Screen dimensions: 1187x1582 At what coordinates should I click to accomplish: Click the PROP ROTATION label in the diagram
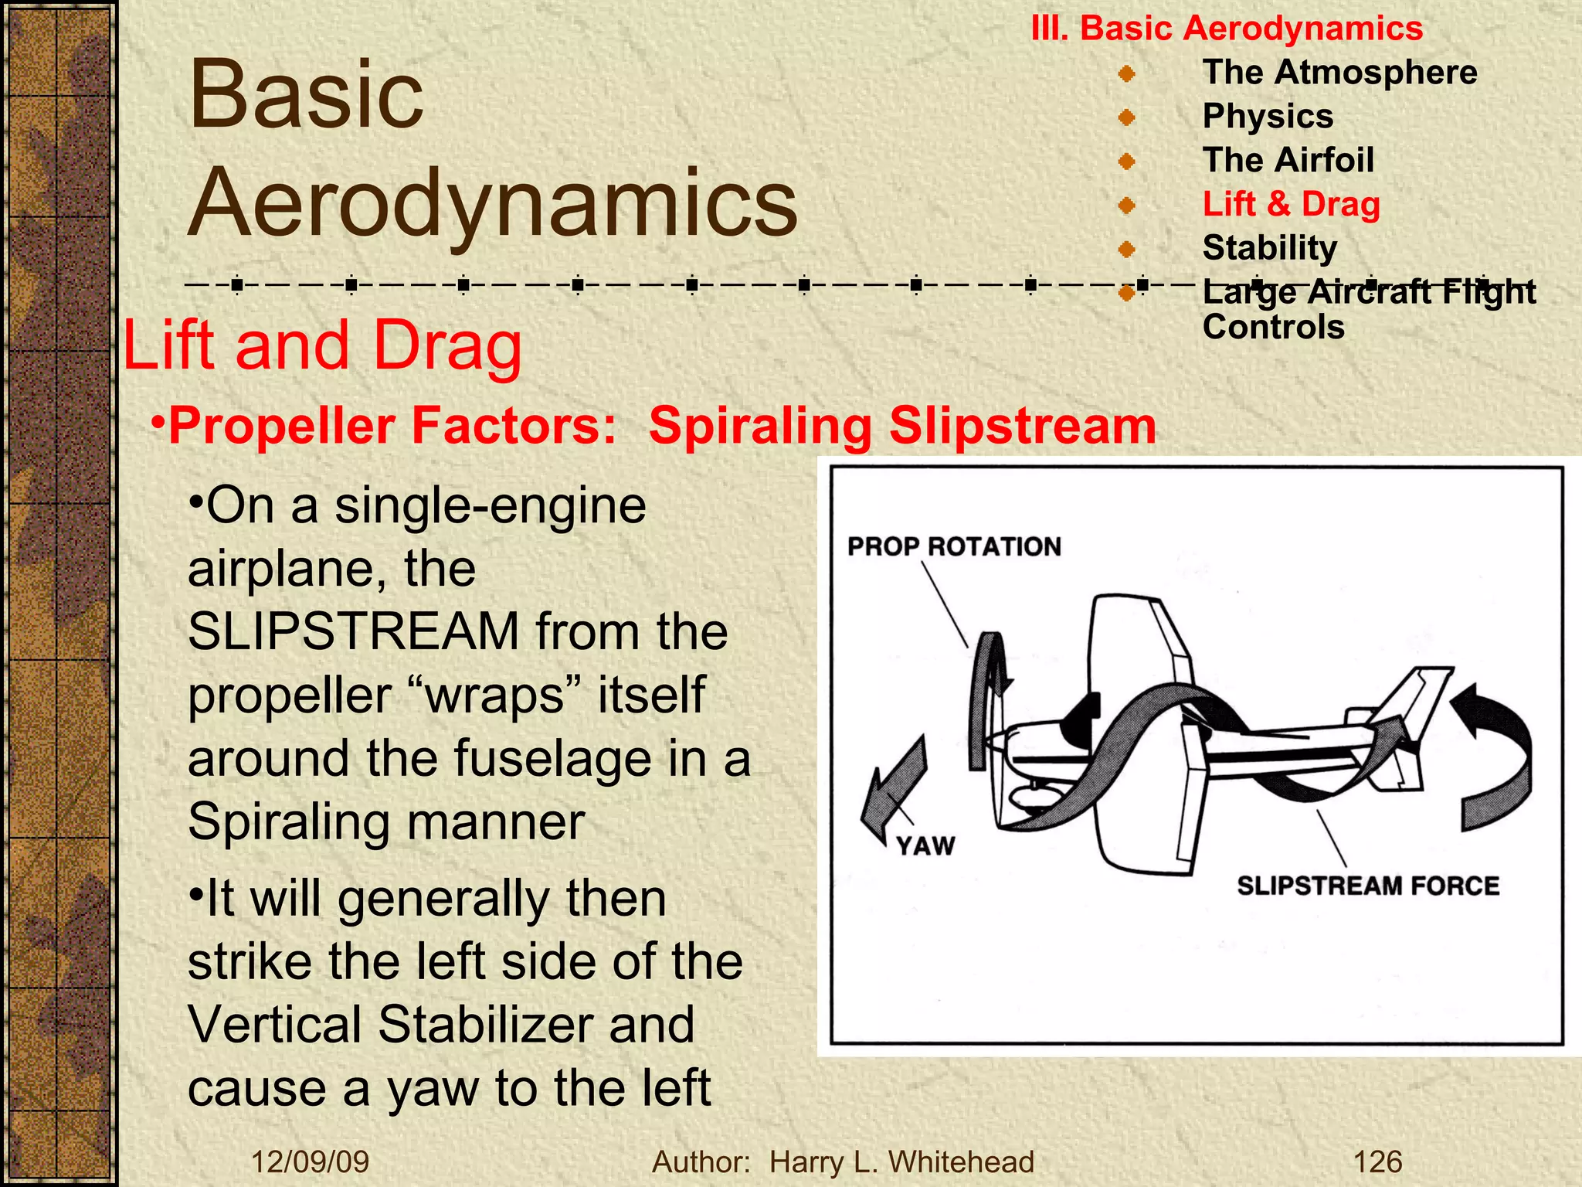(x=954, y=546)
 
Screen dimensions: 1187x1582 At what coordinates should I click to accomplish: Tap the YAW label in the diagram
(x=925, y=845)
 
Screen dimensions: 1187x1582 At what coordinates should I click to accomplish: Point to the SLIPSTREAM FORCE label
(x=1368, y=885)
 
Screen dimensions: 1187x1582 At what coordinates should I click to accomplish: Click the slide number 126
(x=1377, y=1161)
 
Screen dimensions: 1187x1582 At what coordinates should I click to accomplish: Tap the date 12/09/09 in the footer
(x=311, y=1161)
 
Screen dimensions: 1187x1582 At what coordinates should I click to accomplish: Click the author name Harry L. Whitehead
(x=901, y=1161)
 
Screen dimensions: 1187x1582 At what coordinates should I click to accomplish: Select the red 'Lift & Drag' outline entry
(x=1291, y=204)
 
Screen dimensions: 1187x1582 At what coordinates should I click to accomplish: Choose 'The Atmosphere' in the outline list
(x=1339, y=72)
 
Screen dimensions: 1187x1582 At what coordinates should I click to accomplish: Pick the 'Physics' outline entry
(x=1268, y=116)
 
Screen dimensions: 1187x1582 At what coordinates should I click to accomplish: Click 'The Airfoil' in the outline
(x=1288, y=160)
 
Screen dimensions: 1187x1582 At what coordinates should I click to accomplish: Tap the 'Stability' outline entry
(x=1269, y=247)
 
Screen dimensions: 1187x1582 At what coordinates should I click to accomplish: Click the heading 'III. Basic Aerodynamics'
(x=1227, y=29)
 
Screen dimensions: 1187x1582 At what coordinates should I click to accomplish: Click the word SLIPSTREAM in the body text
(x=354, y=631)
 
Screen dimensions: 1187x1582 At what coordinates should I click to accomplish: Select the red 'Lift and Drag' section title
(x=322, y=345)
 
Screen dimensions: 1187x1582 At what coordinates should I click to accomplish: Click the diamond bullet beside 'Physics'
(x=1127, y=117)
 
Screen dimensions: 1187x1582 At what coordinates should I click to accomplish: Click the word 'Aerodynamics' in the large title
(x=493, y=202)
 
